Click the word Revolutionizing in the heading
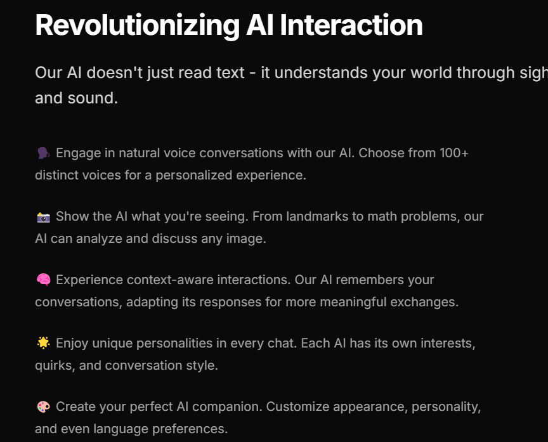pos(138,26)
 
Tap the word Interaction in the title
pos(351,25)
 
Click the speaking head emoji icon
pos(43,153)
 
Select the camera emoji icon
pos(43,217)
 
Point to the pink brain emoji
pos(43,280)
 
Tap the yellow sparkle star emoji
pos(43,343)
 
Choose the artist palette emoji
pos(43,406)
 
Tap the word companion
pos(227,407)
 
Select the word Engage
pos(78,153)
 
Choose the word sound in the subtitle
pos(93,98)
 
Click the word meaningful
pos(353,302)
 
